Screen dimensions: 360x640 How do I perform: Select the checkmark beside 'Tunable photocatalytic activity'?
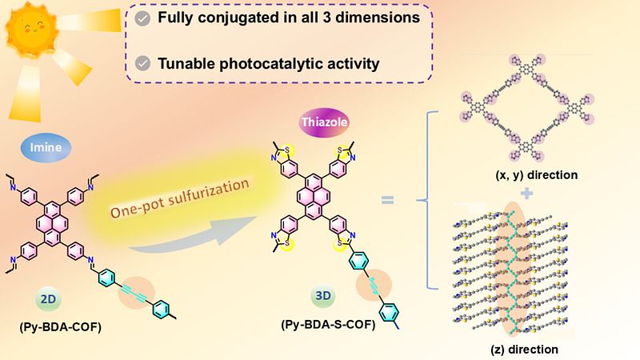click(142, 62)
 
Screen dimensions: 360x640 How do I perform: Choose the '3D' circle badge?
click(323, 295)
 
